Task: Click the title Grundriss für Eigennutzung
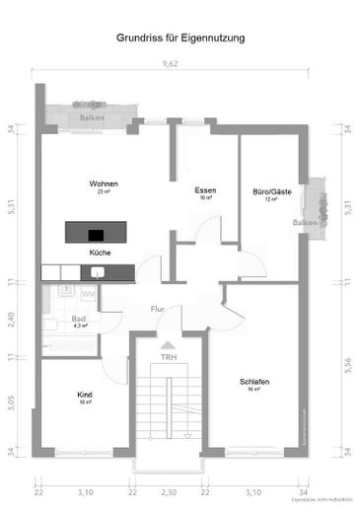tap(180, 38)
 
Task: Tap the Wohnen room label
tap(104, 184)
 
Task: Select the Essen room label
tap(205, 190)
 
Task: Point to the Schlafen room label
tap(254, 382)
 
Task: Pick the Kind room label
tap(85, 395)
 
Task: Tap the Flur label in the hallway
tap(157, 310)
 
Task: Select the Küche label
tap(100, 253)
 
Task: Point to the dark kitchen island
tap(100, 233)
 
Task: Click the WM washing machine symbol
tap(88, 293)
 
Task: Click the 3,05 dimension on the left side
tap(13, 403)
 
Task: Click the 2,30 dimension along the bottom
tap(169, 491)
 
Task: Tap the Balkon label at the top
tap(94, 118)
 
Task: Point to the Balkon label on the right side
tap(305, 223)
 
